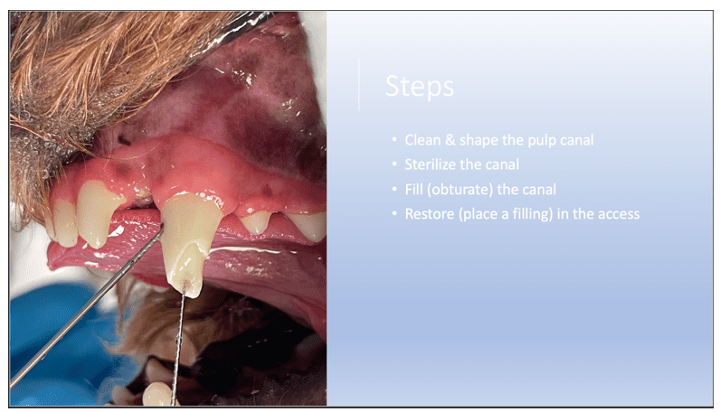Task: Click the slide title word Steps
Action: [420, 88]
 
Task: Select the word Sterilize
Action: [429, 165]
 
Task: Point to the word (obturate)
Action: [458, 190]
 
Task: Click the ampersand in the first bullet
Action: [450, 142]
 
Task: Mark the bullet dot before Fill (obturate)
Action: [394, 190]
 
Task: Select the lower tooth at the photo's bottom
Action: [156, 394]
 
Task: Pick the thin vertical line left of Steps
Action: [360, 86]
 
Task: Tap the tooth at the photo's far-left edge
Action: [63, 221]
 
